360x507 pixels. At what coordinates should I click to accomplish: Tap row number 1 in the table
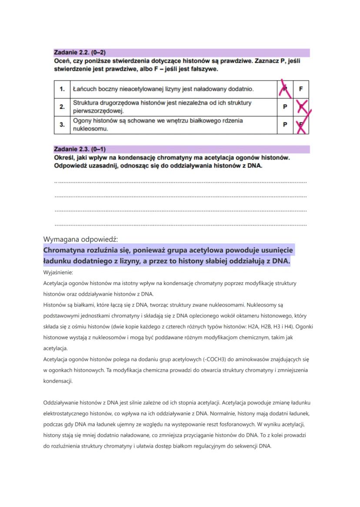[62, 89]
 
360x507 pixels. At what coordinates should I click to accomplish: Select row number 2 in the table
[62, 107]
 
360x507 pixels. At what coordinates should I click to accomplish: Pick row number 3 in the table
[62, 124]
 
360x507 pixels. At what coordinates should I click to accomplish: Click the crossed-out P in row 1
[285, 89]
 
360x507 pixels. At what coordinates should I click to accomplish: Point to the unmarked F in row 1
[301, 89]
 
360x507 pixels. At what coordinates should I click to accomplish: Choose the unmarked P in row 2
[285, 107]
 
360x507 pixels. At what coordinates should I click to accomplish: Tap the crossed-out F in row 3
[301, 125]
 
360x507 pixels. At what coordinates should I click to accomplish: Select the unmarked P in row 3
[285, 125]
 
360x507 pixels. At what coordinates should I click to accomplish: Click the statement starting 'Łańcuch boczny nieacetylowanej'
[163, 89]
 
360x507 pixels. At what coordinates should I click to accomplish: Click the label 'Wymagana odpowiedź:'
[81, 239]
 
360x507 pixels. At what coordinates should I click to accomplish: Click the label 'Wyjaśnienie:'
[58, 272]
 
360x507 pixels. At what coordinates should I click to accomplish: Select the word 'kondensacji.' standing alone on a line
[58, 381]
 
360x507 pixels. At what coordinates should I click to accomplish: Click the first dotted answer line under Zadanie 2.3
[180, 182]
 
